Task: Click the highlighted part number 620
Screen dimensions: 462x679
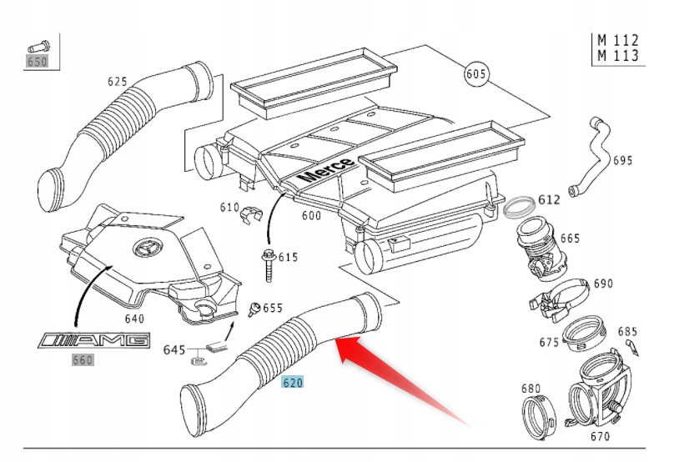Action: point(292,383)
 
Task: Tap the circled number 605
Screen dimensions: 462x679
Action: point(475,74)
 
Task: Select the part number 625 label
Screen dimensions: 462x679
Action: point(118,82)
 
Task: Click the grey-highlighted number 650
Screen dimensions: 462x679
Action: point(37,61)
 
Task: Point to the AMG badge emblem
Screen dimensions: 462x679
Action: point(94,340)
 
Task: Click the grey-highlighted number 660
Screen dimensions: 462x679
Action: point(83,360)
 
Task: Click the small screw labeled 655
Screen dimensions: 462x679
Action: point(256,309)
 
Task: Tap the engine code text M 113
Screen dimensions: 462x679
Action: point(618,55)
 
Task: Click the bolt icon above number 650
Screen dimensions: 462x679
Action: point(38,45)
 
